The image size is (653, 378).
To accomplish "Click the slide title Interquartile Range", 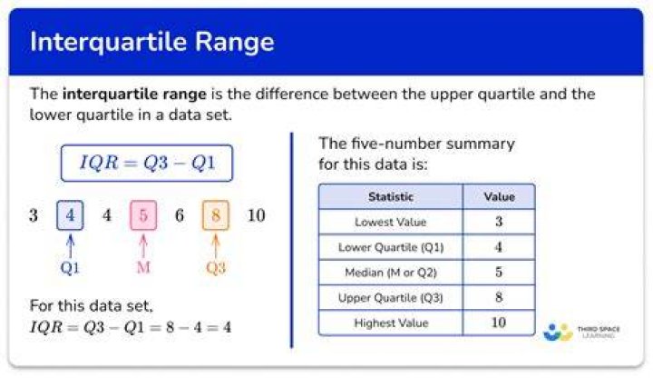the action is [x=152, y=43].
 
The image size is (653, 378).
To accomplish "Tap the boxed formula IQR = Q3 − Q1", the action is [x=147, y=163].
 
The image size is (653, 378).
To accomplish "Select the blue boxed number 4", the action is [x=70, y=215].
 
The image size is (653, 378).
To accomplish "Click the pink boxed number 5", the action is [x=143, y=215].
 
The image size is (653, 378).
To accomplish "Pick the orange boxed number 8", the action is [x=216, y=215].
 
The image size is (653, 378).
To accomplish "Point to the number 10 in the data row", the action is [x=256, y=215].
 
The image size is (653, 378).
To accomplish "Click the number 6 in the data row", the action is [x=180, y=215].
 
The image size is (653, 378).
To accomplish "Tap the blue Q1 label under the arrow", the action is [x=70, y=268].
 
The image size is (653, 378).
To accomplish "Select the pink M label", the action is [x=143, y=267].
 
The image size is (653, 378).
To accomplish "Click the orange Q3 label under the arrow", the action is [x=216, y=268].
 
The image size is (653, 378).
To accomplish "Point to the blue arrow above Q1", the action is [x=71, y=246].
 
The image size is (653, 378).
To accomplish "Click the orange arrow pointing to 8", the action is [x=216, y=246].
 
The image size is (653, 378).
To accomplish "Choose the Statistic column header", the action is [x=391, y=196].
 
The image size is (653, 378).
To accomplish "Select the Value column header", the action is [x=499, y=196].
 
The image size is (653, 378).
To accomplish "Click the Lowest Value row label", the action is [x=391, y=222].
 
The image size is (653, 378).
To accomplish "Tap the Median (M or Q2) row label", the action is [x=391, y=273].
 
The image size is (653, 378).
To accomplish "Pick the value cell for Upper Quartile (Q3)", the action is [x=499, y=297].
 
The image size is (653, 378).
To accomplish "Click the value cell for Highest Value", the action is [x=499, y=323].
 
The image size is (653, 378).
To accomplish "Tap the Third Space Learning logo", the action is [x=581, y=332].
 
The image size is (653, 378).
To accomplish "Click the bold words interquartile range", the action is [x=134, y=94].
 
